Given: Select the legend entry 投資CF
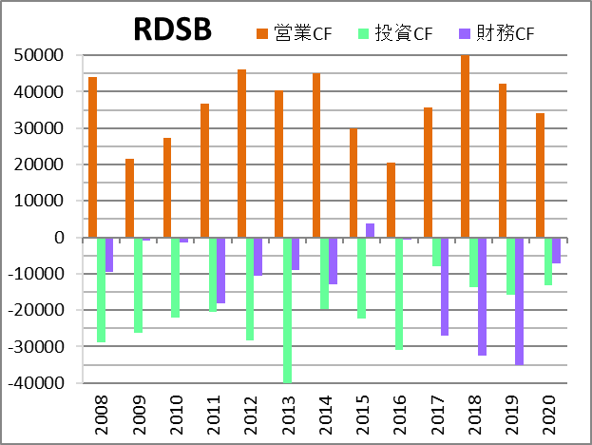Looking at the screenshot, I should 397,34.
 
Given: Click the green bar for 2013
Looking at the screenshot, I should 287,310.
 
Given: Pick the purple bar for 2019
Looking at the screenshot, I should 520,300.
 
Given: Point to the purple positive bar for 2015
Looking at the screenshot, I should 371,230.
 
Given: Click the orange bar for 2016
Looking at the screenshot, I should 391,200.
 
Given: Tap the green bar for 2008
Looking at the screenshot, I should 101,289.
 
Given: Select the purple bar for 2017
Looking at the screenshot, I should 445,286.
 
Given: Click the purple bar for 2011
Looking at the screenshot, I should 220,270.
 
